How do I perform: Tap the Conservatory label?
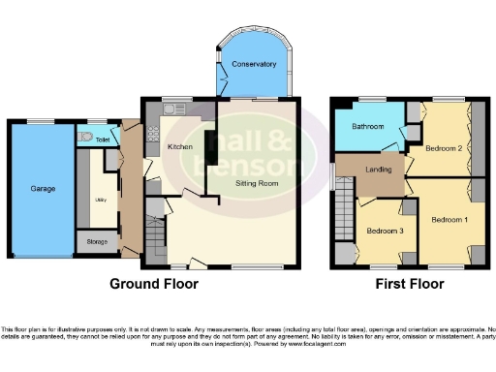point(253,65)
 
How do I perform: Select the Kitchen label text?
point(181,147)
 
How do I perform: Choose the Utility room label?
point(100,200)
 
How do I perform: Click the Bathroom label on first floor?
point(369,126)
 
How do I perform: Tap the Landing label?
point(378,171)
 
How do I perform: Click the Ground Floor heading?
point(153,284)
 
